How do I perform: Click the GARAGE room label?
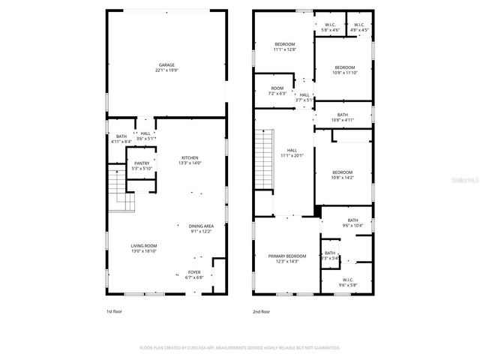pos(166,65)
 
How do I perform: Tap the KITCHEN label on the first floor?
pos(189,157)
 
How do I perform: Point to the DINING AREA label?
pos(200,226)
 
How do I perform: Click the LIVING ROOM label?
pos(144,245)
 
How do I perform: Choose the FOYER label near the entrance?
pos(193,272)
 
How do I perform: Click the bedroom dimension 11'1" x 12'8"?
pos(285,49)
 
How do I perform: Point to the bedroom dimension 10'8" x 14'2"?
pos(342,178)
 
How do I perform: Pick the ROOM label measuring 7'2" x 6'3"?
pos(277,94)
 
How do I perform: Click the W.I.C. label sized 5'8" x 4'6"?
pos(330,29)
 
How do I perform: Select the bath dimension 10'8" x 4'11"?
pos(342,120)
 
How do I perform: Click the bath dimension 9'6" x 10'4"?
pos(352,226)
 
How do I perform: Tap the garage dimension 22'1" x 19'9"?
pos(166,70)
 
